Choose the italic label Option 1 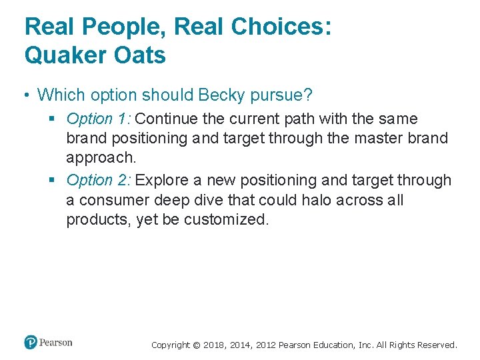point(99,119)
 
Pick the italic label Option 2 point(99,180)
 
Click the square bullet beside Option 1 point(55,119)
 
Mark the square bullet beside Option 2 point(55,181)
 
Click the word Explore point(162,180)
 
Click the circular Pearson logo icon point(31,343)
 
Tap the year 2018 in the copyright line point(214,345)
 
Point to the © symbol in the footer point(195,345)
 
